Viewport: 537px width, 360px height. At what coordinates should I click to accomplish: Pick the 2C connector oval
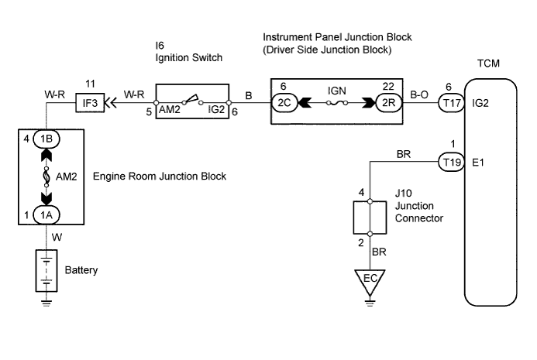(x=285, y=101)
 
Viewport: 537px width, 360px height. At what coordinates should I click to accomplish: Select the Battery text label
(x=82, y=272)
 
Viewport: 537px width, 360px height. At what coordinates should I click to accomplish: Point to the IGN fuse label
(x=335, y=89)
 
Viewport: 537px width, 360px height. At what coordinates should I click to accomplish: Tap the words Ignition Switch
(x=188, y=57)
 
